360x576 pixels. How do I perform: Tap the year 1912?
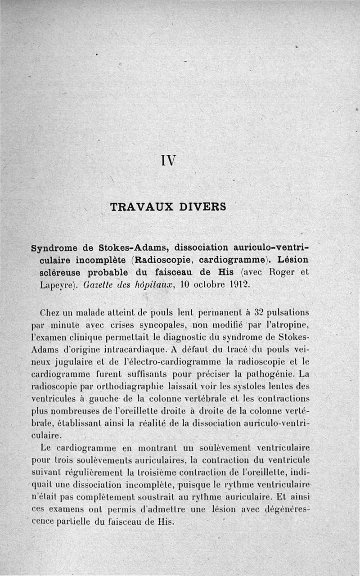(233, 285)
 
